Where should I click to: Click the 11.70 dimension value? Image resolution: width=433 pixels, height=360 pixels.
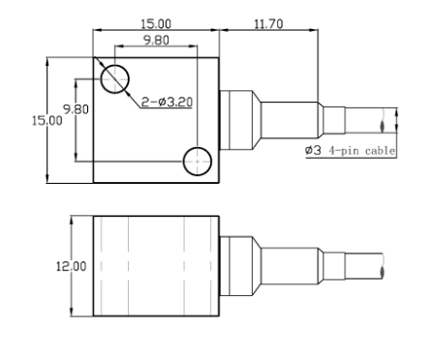pos(268,24)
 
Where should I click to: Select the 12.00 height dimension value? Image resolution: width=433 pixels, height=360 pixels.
pos(72,266)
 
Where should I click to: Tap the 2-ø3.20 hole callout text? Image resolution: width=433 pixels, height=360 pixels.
pos(167,103)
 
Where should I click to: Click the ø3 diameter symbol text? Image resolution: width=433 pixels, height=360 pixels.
pos(313,150)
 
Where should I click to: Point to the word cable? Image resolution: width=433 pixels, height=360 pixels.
pos(380,151)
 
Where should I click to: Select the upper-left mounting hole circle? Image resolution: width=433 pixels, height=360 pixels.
pos(114,79)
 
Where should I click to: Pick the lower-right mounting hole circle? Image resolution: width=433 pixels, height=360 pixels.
pos(198,162)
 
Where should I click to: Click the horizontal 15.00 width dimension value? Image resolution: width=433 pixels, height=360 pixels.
pos(156,24)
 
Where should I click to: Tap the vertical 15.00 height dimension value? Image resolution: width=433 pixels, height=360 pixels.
pos(47,121)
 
